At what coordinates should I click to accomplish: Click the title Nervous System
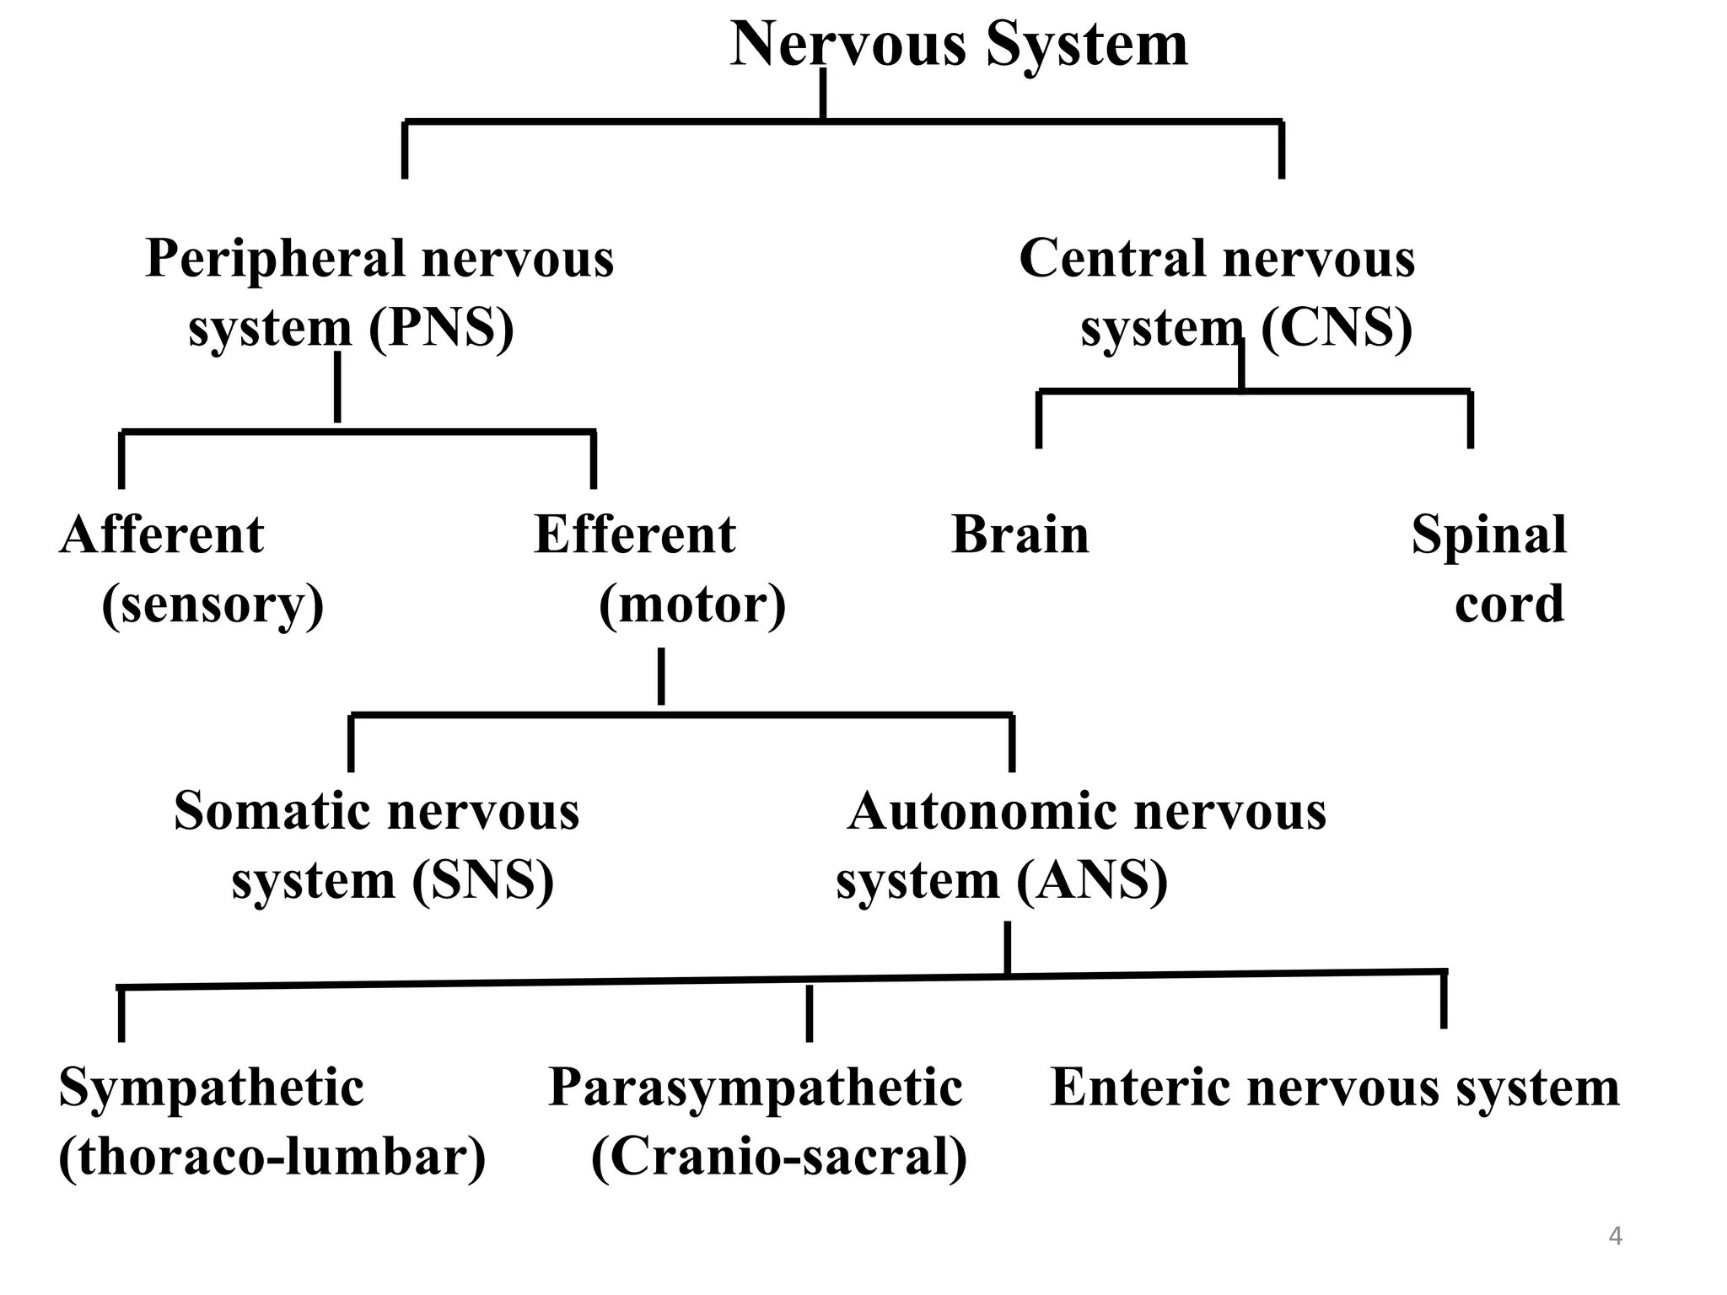(959, 44)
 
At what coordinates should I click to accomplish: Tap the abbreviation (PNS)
(441, 327)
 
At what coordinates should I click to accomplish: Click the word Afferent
(162, 535)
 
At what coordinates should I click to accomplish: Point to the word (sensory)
(213, 605)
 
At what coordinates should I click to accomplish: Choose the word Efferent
(635, 535)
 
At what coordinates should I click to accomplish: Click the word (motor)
(692, 605)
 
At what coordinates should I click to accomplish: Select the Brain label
(1020, 535)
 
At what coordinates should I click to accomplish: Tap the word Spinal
(1489, 535)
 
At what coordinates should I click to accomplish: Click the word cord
(1509, 605)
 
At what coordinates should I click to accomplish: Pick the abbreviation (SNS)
(483, 880)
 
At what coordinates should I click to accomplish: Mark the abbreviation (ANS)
(1092, 880)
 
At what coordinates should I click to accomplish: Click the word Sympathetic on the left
(211, 1088)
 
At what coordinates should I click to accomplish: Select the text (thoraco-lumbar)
(272, 1157)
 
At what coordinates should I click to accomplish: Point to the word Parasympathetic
(756, 1088)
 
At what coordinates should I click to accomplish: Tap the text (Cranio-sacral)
(779, 1157)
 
